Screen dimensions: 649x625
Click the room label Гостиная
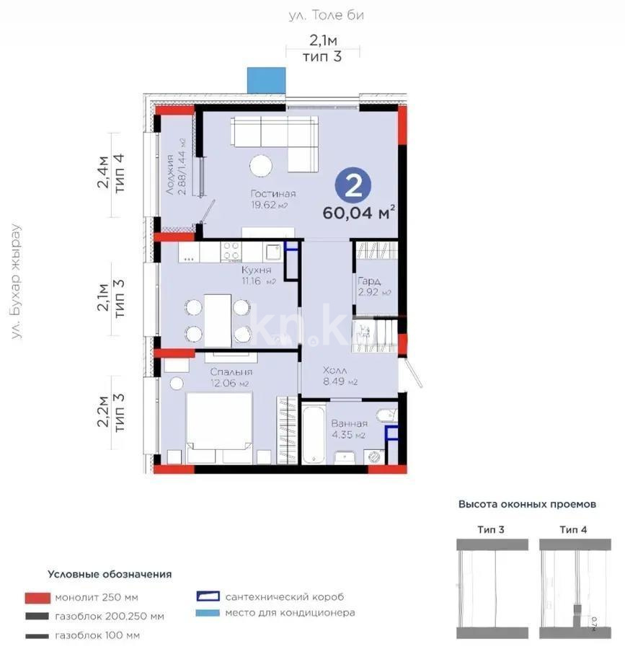point(273,194)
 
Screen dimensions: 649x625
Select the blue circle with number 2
point(353,186)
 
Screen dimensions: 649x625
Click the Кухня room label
point(257,270)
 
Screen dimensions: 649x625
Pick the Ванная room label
point(350,424)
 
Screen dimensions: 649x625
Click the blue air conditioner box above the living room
point(266,80)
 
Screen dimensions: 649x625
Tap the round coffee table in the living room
point(261,165)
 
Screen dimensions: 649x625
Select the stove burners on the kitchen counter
point(231,252)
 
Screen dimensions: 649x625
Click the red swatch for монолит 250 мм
point(37,598)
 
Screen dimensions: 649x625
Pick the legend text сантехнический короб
point(284,597)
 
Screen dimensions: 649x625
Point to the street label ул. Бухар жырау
point(15,281)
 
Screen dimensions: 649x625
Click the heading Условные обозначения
point(110,574)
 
